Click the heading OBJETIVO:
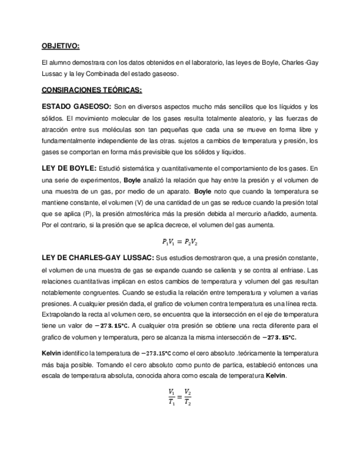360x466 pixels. coord(61,46)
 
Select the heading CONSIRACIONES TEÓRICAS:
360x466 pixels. coord(92,90)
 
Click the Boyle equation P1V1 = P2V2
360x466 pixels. coord(180,242)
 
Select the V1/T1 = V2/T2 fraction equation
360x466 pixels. coord(180,396)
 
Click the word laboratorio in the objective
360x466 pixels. coord(204,63)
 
